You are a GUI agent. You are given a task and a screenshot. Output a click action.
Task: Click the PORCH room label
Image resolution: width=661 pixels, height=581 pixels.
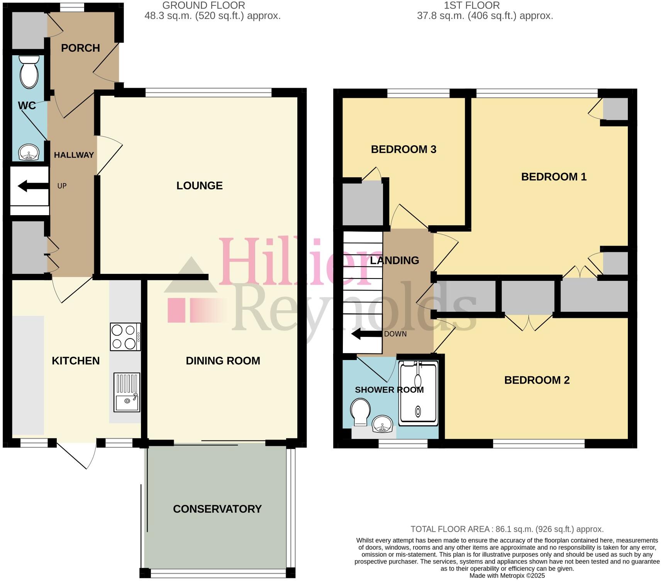click(x=80, y=48)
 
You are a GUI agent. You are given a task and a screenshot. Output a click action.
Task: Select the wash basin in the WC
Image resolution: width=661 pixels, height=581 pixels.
click(x=29, y=152)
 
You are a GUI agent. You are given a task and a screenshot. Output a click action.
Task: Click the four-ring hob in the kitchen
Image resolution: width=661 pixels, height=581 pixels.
click(x=125, y=337)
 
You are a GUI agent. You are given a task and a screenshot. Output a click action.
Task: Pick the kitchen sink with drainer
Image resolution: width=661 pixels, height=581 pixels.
click(x=127, y=392)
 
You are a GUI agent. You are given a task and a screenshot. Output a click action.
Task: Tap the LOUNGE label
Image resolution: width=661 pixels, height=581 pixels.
click(x=199, y=185)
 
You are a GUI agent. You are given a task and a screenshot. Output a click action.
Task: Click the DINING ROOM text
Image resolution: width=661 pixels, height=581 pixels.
click(x=223, y=361)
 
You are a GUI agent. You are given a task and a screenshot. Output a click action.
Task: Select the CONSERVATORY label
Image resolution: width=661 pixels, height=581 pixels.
click(x=217, y=509)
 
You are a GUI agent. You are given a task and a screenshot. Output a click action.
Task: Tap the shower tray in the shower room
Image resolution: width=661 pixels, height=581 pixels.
click(x=418, y=393)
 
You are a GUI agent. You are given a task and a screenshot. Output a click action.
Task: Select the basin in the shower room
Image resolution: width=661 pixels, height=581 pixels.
click(x=383, y=424)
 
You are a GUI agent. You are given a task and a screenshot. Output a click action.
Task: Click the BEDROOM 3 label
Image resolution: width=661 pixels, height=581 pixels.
click(x=403, y=149)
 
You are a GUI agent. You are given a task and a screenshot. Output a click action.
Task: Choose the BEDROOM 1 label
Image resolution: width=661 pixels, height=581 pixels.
click(x=554, y=177)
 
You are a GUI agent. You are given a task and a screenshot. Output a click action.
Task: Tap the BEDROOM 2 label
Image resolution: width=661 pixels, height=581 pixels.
click(x=537, y=380)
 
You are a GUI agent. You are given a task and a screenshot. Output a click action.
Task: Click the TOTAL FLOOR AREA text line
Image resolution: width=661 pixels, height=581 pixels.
click(x=507, y=529)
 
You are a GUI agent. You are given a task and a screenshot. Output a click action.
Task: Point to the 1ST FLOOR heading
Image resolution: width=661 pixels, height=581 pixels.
click(x=471, y=5)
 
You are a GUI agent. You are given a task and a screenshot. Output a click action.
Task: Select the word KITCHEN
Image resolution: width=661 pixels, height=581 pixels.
click(x=76, y=361)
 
